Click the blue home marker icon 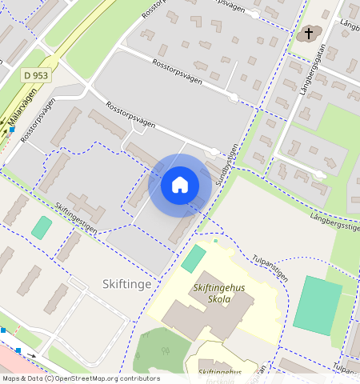(180, 185)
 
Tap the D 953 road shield (36, 74)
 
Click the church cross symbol (308, 34)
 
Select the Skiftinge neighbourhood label (126, 283)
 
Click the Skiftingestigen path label (76, 217)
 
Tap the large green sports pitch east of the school (318, 305)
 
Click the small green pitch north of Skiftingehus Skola (193, 258)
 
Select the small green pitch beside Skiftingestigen (41, 226)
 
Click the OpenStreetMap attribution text (80, 378)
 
